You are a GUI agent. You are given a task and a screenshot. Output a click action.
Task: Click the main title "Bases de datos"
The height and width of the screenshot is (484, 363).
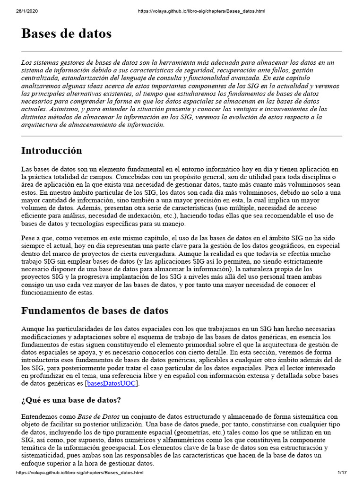[x=66, y=34]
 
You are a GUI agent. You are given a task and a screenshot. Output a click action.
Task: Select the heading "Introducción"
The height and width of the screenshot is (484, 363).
[x=52, y=151]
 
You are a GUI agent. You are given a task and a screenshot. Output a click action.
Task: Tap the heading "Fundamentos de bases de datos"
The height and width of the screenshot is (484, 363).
[x=95, y=311]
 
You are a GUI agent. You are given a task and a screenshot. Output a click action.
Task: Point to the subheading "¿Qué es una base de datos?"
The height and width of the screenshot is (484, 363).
[x=71, y=400]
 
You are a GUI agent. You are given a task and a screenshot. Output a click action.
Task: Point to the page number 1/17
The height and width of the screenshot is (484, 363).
[x=342, y=473]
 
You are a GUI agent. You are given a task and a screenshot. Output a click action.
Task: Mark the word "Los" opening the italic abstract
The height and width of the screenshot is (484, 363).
[x=27, y=63]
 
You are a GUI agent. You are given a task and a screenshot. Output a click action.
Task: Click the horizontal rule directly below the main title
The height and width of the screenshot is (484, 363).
[x=181, y=52]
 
